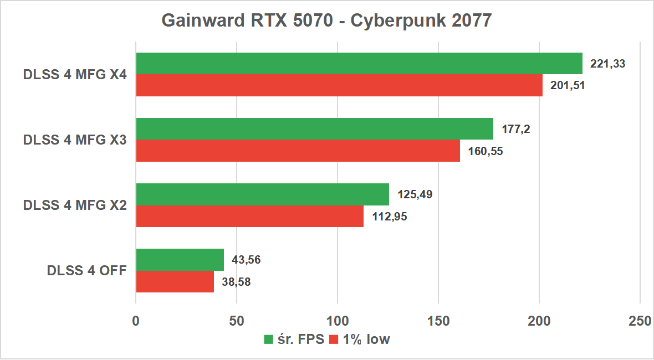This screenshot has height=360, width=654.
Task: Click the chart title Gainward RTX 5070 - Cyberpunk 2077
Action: click(326, 20)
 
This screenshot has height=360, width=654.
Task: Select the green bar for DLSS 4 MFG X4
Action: click(359, 64)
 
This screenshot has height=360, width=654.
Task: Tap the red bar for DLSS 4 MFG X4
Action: click(339, 85)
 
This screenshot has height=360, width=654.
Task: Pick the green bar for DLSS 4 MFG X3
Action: click(314, 129)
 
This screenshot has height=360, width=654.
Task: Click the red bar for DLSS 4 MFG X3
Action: click(298, 151)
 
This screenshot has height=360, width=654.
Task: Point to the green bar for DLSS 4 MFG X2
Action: click(262, 194)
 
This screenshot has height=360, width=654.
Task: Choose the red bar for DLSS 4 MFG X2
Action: click(249, 216)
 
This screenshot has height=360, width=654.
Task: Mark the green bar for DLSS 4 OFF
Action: click(180, 260)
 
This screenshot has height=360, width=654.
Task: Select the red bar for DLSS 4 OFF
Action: click(175, 281)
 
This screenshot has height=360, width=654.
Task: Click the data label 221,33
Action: click(608, 64)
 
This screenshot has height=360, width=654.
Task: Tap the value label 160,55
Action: click(485, 151)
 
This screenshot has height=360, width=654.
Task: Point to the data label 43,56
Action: click(247, 260)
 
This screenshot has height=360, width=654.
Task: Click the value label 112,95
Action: click(389, 217)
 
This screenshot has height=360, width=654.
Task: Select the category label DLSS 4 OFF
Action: click(87, 271)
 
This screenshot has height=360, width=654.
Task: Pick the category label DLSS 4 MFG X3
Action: click(75, 140)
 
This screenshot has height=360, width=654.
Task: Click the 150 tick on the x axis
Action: click(438, 321)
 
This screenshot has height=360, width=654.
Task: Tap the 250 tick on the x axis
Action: click(640, 321)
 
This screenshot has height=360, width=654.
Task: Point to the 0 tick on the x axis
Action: click(136, 321)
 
